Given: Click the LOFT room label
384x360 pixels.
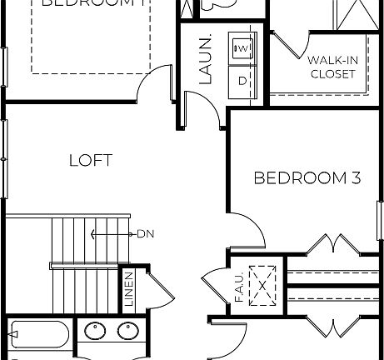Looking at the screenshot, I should (x=90, y=160).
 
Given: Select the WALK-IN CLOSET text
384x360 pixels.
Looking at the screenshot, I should (x=332, y=67).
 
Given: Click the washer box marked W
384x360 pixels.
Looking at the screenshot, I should (x=242, y=49).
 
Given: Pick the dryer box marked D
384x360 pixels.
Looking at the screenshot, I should (x=242, y=80).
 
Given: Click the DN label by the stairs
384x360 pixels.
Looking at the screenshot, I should (x=147, y=234).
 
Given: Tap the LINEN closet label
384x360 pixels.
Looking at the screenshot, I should (x=129, y=288).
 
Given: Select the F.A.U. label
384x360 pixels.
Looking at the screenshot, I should (x=238, y=287).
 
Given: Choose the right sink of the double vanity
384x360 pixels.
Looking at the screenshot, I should (x=127, y=331).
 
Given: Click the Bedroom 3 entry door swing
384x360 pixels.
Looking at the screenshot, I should (x=246, y=228).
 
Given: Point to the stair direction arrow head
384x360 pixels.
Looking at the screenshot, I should (x=93, y=234).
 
